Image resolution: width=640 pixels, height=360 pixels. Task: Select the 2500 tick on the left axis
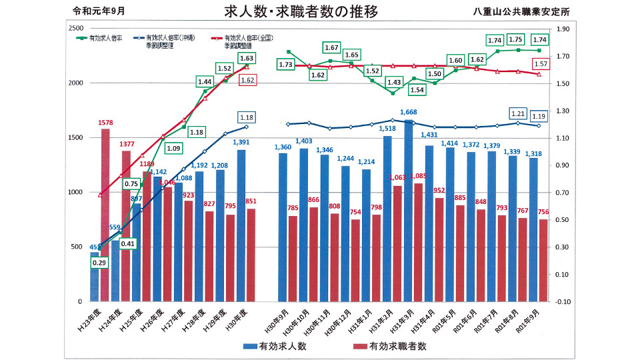pos(75,28)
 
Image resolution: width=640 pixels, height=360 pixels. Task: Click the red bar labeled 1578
pos(105,213)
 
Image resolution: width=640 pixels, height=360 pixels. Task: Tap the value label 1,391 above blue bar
pos(245,142)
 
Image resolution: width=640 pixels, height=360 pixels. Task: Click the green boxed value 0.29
pos(99,263)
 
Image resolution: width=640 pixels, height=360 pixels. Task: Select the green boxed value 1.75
pos(517,39)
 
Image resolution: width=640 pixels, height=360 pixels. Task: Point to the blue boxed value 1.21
pos(517,113)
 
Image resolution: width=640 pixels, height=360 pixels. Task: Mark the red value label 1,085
pos(421,177)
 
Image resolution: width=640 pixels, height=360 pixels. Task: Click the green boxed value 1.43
pos(394,82)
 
